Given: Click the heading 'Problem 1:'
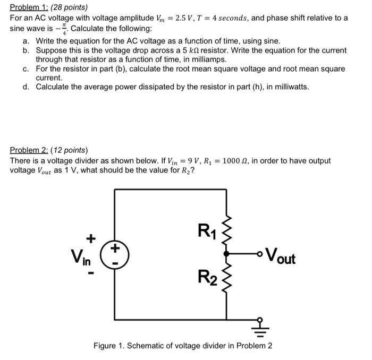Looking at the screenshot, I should (29, 8).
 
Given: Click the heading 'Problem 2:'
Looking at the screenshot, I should (30, 150).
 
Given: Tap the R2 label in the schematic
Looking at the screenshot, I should (207, 277).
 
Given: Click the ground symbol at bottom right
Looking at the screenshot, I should (260, 329).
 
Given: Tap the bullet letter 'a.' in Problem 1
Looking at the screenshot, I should (27, 41).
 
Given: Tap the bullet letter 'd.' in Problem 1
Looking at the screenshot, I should (27, 87).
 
